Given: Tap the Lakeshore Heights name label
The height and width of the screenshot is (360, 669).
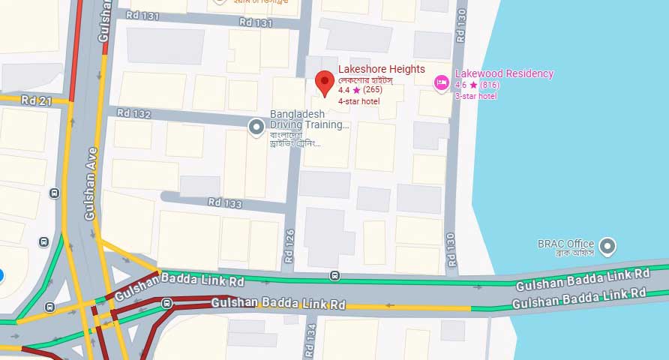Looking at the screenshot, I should (381, 69).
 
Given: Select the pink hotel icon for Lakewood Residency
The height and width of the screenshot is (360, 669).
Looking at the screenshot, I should (442, 81).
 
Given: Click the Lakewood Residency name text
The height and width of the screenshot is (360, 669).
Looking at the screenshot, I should (504, 73).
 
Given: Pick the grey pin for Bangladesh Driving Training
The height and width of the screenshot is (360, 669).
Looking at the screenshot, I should (256, 127).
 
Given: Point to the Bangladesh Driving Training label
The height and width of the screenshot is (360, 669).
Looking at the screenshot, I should (309, 119).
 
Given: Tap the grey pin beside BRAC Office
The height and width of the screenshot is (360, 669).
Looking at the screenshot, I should (608, 245).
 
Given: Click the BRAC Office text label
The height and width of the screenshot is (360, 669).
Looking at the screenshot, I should (565, 244).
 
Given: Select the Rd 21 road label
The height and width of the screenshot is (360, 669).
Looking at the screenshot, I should (35, 100).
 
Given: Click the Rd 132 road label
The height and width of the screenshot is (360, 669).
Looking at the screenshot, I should (134, 115).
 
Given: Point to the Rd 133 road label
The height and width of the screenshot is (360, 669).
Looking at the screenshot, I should (225, 202).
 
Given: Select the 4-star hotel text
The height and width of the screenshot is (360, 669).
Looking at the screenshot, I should (358, 100).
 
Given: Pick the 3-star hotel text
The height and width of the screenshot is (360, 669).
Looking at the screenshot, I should (475, 95).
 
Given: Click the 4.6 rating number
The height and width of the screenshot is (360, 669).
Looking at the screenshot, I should (460, 85).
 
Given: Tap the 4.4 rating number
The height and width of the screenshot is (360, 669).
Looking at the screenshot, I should (344, 90).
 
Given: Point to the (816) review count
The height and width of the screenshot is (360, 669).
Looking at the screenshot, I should (490, 85).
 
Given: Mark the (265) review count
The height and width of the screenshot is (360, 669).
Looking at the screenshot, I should (373, 90).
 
